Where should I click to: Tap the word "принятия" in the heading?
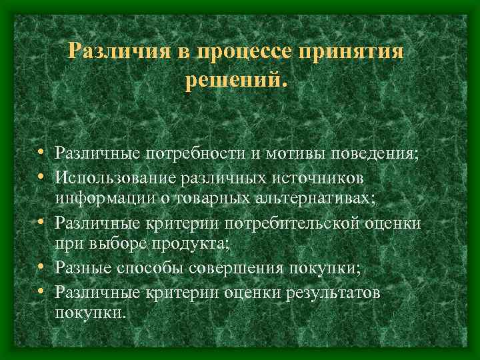pos(355,53)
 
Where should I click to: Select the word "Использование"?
pos(113,177)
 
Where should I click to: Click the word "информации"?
pos(100,199)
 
